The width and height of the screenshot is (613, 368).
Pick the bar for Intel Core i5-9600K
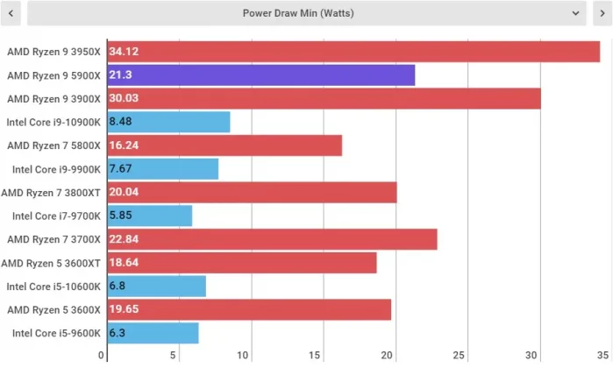153,333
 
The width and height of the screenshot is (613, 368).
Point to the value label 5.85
120,216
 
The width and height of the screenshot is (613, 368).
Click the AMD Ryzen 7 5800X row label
53,145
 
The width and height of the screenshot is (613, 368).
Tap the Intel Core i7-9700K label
56,216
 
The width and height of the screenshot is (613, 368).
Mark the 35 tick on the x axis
602,356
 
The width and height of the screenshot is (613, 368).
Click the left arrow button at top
12,13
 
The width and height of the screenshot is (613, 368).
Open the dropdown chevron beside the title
574,13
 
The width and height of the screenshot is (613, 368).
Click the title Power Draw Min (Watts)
298,13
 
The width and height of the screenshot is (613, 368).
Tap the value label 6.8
118,286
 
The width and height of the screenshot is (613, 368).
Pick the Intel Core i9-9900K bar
162,169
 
